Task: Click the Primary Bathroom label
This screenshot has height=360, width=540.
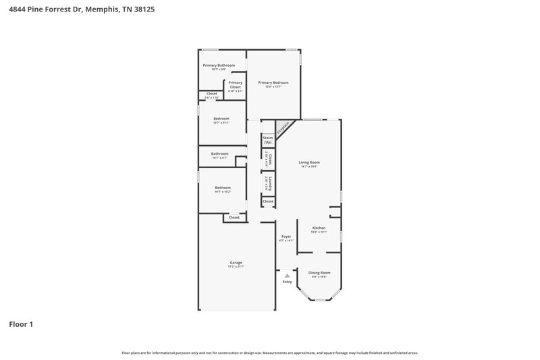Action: [x=219, y=65]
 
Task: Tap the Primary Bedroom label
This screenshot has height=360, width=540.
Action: [x=273, y=82]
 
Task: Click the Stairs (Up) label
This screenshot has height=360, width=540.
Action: [x=268, y=140]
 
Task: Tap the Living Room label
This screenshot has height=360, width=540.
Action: [x=309, y=162]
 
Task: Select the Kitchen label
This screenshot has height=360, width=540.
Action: [x=319, y=228]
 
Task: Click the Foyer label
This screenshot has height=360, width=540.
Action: [x=286, y=236]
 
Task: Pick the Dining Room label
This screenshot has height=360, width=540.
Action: [x=319, y=272]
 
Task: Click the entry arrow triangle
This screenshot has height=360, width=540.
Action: [x=287, y=276]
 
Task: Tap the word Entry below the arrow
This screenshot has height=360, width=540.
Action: [x=287, y=282]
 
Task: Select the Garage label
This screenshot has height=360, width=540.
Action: [x=236, y=262]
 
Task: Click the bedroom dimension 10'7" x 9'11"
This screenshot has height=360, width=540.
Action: [x=221, y=123]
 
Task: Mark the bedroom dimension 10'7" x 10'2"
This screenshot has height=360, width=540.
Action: [x=222, y=192]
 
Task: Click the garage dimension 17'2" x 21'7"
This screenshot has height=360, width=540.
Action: [x=236, y=267]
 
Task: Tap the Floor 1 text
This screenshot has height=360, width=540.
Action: [x=21, y=324]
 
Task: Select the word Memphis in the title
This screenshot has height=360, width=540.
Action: [x=99, y=10]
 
